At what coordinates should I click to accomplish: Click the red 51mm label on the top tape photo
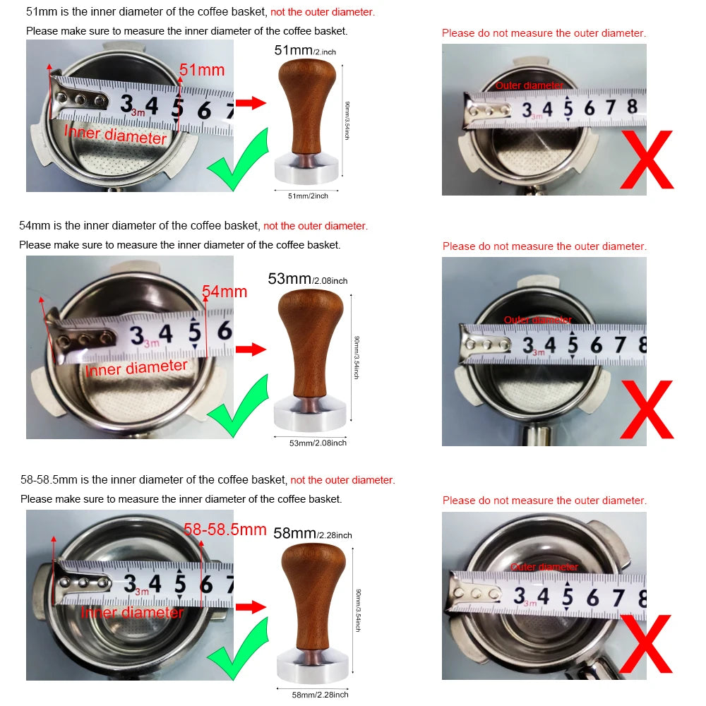point(202,70)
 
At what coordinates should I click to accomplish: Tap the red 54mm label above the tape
point(225,291)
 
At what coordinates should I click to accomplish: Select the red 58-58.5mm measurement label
point(225,529)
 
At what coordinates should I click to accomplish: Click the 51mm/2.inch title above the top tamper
point(304,51)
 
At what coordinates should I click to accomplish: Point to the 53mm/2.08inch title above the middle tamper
point(308,279)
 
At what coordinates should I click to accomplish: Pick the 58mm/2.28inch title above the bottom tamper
point(313,534)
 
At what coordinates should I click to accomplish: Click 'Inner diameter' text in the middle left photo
point(136,368)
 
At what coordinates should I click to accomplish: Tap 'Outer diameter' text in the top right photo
point(529,85)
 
